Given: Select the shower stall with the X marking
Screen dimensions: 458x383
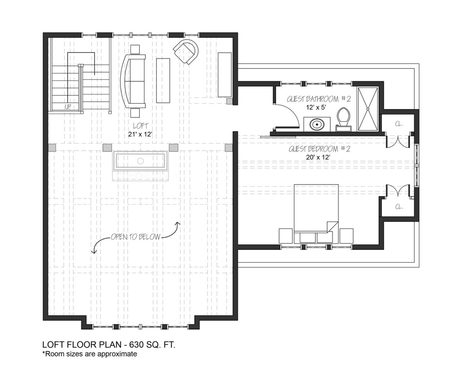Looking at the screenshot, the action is pyautogui.click(x=368, y=108).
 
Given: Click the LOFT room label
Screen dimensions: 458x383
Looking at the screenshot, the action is pyautogui.click(x=140, y=126).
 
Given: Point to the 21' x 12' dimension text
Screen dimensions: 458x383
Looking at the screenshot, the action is pyautogui.click(x=140, y=134).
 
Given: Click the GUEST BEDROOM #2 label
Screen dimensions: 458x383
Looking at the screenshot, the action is pyautogui.click(x=319, y=149).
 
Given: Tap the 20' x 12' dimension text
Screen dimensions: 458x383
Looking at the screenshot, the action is pyautogui.click(x=318, y=157).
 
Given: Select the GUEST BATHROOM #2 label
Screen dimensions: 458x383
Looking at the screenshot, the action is pyautogui.click(x=318, y=99).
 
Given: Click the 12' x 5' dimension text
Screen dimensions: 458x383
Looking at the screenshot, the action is pyautogui.click(x=316, y=107).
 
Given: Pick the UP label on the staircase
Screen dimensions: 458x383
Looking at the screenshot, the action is pyautogui.click(x=68, y=107).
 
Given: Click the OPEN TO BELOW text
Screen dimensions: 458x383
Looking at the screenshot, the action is pyautogui.click(x=135, y=237).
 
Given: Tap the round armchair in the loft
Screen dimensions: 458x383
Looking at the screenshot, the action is pyautogui.click(x=186, y=52).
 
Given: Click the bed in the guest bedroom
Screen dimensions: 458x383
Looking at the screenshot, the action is pyautogui.click(x=316, y=213).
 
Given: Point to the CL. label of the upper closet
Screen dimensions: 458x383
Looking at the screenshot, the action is pyautogui.click(x=399, y=124).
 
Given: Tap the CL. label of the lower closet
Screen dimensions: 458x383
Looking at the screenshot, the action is pyautogui.click(x=399, y=207).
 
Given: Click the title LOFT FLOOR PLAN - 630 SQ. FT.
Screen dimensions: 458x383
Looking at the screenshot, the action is pyautogui.click(x=109, y=344).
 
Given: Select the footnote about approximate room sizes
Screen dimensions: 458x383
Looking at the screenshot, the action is pyautogui.click(x=90, y=354).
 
